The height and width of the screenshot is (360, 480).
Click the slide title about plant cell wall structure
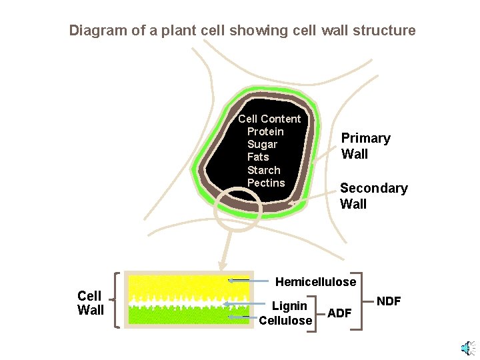click(x=242, y=31)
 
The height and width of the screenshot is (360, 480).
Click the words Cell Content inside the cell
click(x=269, y=119)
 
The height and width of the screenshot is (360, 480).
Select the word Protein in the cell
click(x=265, y=131)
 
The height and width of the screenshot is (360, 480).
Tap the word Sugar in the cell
click(x=262, y=144)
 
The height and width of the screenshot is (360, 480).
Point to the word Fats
click(x=258, y=157)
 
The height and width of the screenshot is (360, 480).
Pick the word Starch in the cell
click(x=263, y=170)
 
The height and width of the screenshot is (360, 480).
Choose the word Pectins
click(x=266, y=183)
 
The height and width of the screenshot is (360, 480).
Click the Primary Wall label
click(x=365, y=146)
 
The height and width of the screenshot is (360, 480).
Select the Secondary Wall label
click(x=373, y=196)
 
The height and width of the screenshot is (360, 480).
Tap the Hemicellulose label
click(x=316, y=282)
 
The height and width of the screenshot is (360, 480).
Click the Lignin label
click(x=289, y=306)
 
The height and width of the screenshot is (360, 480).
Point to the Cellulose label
click(x=285, y=321)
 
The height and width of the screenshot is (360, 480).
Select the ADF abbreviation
click(x=340, y=313)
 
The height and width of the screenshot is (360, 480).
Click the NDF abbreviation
click(x=389, y=301)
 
